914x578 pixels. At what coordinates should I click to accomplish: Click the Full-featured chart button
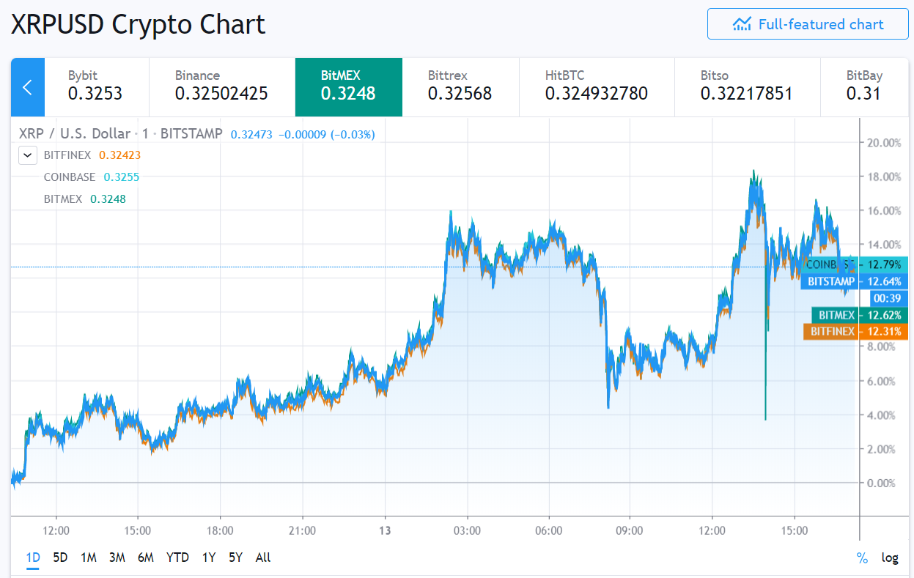[x=807, y=24]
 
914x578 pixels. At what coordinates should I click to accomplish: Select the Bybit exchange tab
[x=96, y=86]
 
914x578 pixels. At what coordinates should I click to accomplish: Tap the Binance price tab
[x=221, y=86]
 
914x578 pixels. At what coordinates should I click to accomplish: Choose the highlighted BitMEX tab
[x=348, y=86]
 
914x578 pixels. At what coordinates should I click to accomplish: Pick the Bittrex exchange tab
[x=460, y=86]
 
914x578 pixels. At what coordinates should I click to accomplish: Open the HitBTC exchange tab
[x=596, y=86]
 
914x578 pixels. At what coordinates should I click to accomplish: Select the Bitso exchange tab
[x=745, y=86]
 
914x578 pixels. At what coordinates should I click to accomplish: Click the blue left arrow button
[x=28, y=87]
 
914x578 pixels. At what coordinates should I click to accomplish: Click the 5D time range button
[x=60, y=557]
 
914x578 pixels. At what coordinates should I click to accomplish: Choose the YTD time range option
[x=177, y=557]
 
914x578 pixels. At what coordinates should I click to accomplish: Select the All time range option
[x=263, y=557]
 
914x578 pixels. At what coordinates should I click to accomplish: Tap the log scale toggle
[x=890, y=557]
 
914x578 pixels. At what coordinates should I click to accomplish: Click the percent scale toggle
[x=863, y=557]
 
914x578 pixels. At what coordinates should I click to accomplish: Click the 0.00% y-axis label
[x=881, y=483]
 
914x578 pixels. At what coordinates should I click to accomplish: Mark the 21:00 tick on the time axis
[x=302, y=530]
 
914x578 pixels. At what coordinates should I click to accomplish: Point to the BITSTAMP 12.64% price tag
[x=854, y=281]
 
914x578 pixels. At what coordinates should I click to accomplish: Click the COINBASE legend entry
[x=70, y=177]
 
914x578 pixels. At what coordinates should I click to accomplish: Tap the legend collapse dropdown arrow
[x=28, y=155]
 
